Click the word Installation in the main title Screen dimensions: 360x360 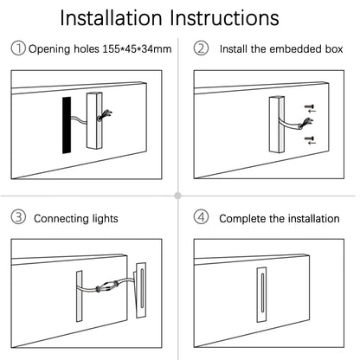[111, 18]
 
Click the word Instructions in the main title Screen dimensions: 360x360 [224, 18]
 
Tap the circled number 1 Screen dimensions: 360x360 [18, 48]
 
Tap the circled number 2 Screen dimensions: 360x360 [201, 48]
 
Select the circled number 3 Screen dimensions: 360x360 [18, 217]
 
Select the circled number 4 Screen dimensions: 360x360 [201, 217]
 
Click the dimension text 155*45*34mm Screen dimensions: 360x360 [137, 49]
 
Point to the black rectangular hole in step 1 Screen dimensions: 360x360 [67, 125]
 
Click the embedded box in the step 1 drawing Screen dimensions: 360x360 [94, 120]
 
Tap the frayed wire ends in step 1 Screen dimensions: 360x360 [106, 115]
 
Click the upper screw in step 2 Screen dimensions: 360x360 [310, 108]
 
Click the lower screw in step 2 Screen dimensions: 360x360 [310, 140]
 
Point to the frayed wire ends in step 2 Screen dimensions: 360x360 [306, 123]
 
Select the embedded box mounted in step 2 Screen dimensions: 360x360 [277, 125]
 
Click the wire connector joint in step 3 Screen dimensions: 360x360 [107, 286]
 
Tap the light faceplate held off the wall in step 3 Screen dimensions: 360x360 [140, 290]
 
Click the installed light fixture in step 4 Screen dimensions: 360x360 [262, 294]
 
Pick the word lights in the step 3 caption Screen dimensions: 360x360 [105, 219]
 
